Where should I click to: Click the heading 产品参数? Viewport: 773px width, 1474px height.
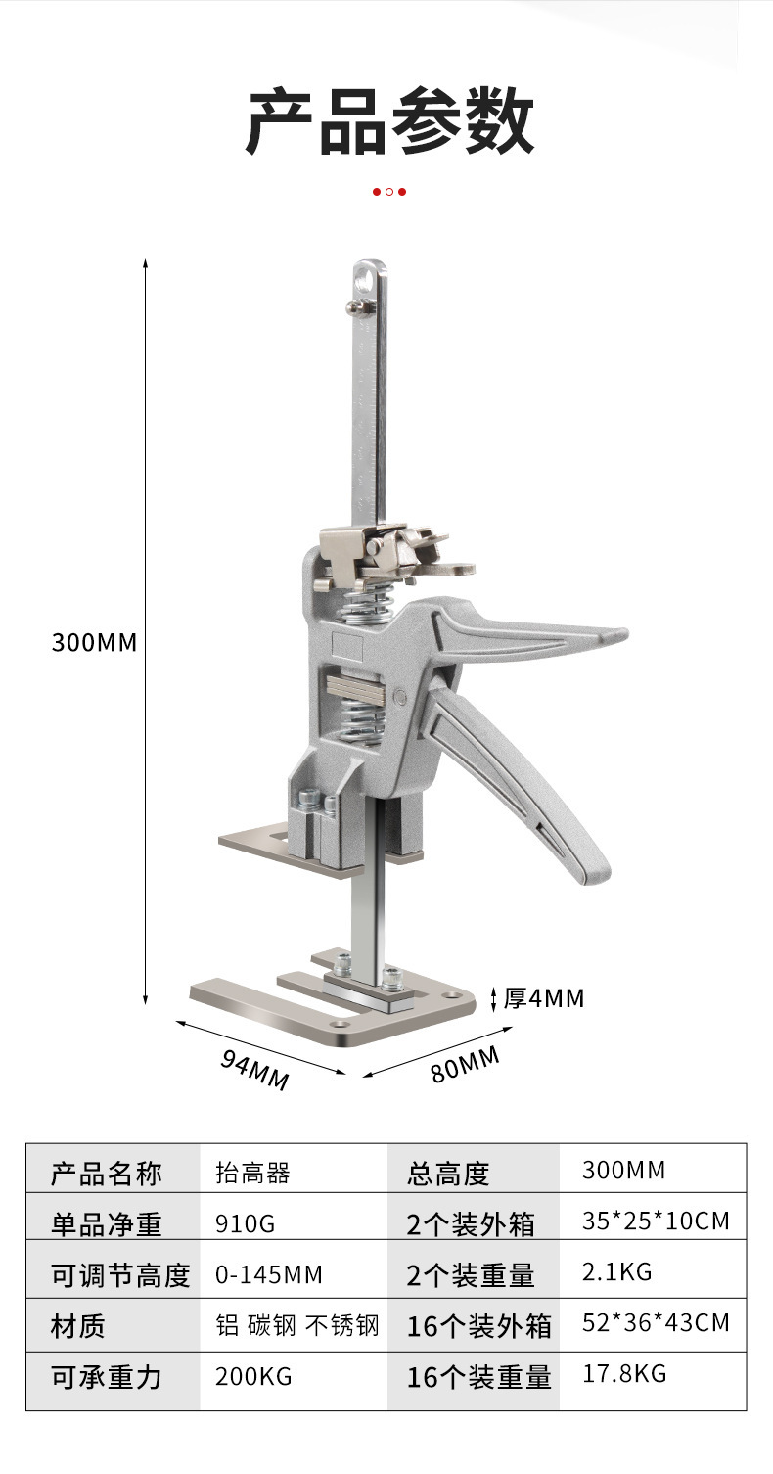389,123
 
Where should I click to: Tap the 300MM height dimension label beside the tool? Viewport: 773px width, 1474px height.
95,642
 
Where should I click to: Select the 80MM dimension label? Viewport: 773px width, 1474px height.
466,1065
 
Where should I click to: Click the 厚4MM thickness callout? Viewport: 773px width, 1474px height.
543,998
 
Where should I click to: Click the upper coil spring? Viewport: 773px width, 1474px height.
364,602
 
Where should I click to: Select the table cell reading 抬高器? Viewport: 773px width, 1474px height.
253,1174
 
